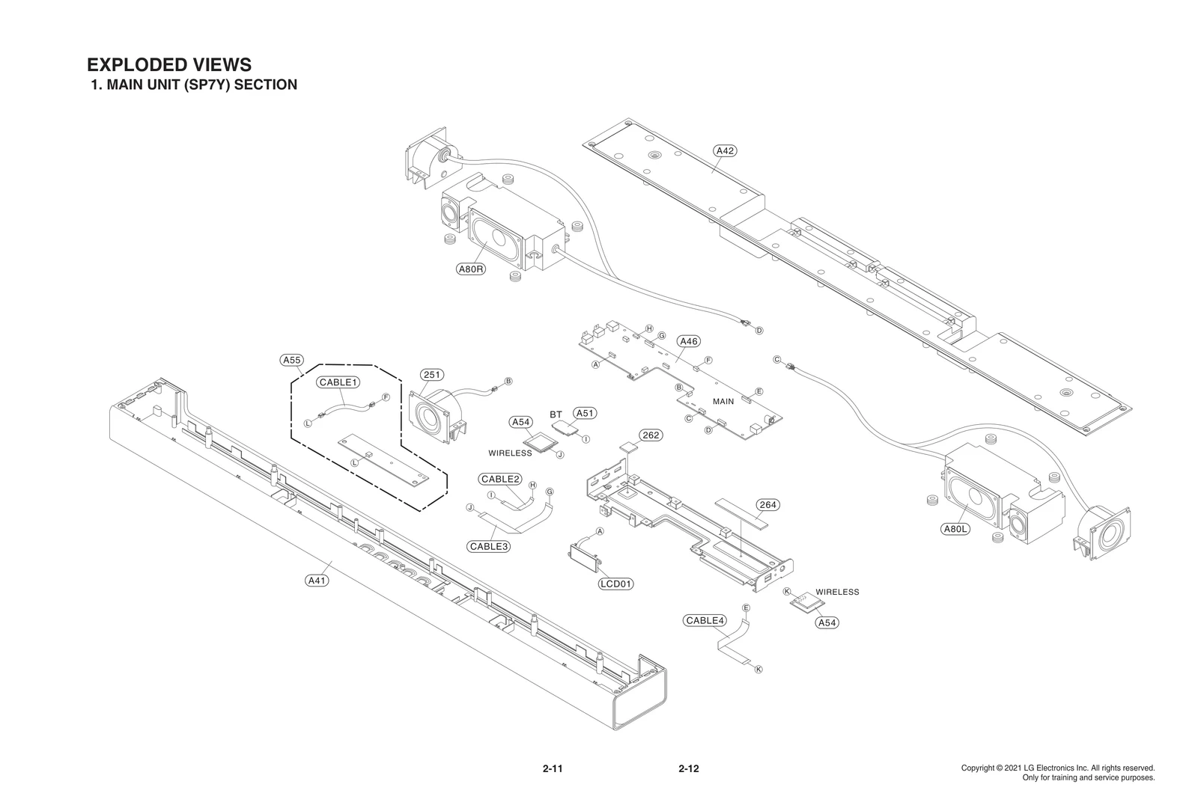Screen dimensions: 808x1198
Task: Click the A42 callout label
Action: tap(725, 150)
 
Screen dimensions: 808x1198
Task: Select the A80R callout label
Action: tap(470, 269)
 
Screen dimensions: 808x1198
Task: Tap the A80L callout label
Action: tap(955, 529)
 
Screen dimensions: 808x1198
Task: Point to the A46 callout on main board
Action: tap(688, 341)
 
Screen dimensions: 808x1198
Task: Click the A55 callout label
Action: tap(291, 360)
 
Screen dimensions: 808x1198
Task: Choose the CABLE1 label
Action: tap(339, 382)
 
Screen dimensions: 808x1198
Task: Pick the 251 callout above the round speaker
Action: tap(431, 375)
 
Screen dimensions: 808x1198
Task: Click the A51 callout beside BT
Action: tap(585, 413)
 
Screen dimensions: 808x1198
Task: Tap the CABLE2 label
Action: tap(500, 479)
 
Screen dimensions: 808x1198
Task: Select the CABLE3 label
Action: tap(489, 546)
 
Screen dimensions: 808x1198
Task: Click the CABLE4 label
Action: tap(705, 620)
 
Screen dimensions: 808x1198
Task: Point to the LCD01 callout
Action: tap(615, 584)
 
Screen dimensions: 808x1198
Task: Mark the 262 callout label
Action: tap(651, 435)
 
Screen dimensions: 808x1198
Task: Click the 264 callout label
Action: tap(767, 505)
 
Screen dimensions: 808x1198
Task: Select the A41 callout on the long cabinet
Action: tap(317, 581)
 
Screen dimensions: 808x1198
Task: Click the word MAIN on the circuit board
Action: tap(723, 402)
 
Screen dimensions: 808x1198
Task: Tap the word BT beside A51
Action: tap(556, 414)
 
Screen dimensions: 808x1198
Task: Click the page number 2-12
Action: tap(688, 768)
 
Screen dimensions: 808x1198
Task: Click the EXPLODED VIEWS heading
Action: tap(169, 64)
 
